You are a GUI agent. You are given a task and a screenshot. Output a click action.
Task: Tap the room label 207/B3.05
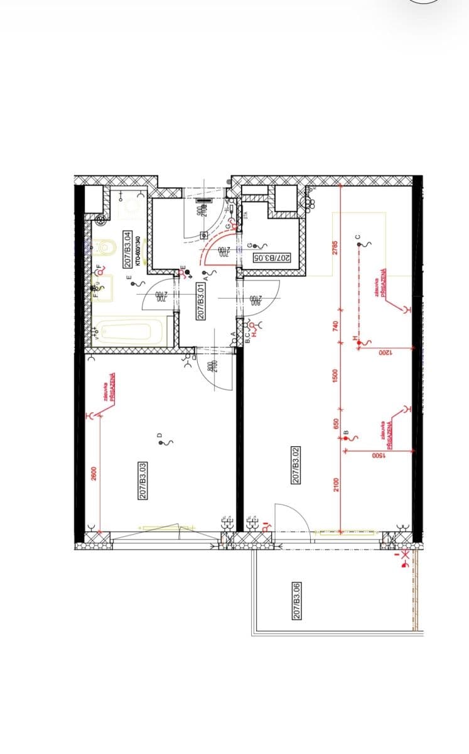point(272,258)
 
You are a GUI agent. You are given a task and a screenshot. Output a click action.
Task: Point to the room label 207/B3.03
point(143,481)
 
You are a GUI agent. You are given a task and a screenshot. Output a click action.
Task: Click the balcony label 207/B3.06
point(297,601)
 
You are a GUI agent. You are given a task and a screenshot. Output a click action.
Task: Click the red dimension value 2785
point(335,248)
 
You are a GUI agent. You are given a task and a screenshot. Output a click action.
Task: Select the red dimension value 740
point(335,325)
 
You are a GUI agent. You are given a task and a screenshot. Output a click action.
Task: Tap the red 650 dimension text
point(335,425)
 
